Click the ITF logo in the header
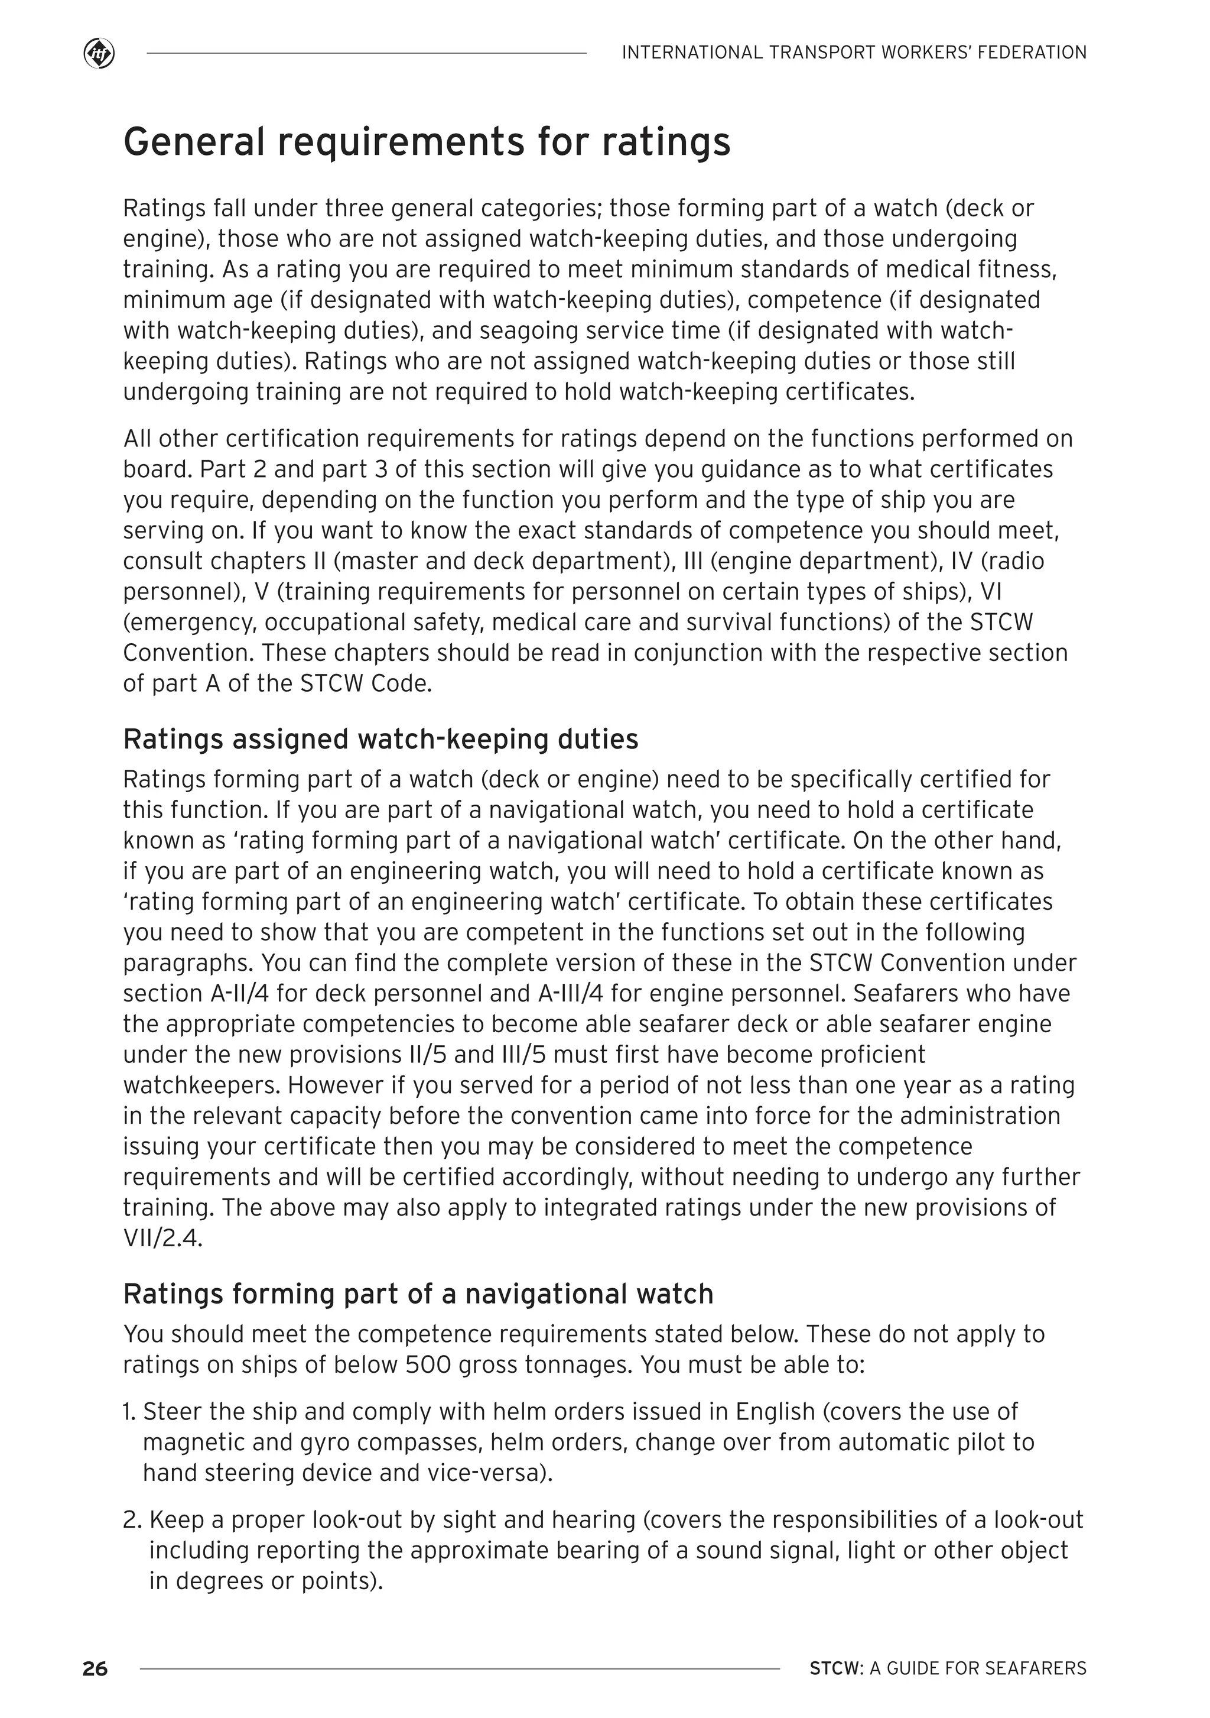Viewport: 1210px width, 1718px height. point(99,54)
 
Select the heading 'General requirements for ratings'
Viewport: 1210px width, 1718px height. point(426,142)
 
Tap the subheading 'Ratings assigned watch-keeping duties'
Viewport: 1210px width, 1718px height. point(380,739)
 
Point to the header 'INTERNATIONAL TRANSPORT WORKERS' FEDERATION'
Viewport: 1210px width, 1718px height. point(854,53)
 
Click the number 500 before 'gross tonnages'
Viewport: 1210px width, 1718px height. point(428,1365)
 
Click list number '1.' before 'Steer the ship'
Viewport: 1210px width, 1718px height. point(129,1412)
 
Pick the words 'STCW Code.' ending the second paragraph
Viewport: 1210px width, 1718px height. point(366,684)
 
